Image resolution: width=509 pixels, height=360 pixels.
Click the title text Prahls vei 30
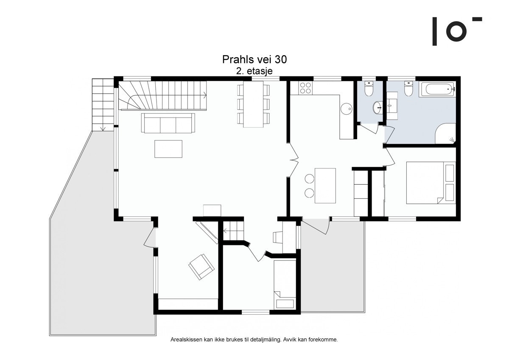pyautogui.click(x=254, y=59)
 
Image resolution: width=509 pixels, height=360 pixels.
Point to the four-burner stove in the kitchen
pyautogui.click(x=305, y=88)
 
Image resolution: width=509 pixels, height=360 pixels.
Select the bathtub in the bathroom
pyautogui.click(x=438, y=90)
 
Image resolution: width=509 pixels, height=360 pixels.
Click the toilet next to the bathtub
pyautogui.click(x=408, y=90)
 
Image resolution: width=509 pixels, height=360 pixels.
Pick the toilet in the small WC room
pyautogui.click(x=368, y=90)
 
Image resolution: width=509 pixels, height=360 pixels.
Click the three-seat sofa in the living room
pyautogui.click(x=168, y=123)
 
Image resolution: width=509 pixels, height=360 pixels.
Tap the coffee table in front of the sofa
pyautogui.click(x=168, y=149)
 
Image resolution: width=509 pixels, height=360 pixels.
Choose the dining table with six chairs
pyautogui.click(x=253, y=104)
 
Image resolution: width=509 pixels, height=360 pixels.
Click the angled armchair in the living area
pyautogui.click(x=201, y=267)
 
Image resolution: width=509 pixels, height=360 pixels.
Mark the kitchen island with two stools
pyautogui.click(x=324, y=186)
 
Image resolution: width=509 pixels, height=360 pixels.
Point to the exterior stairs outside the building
pyautogui.click(x=103, y=104)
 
